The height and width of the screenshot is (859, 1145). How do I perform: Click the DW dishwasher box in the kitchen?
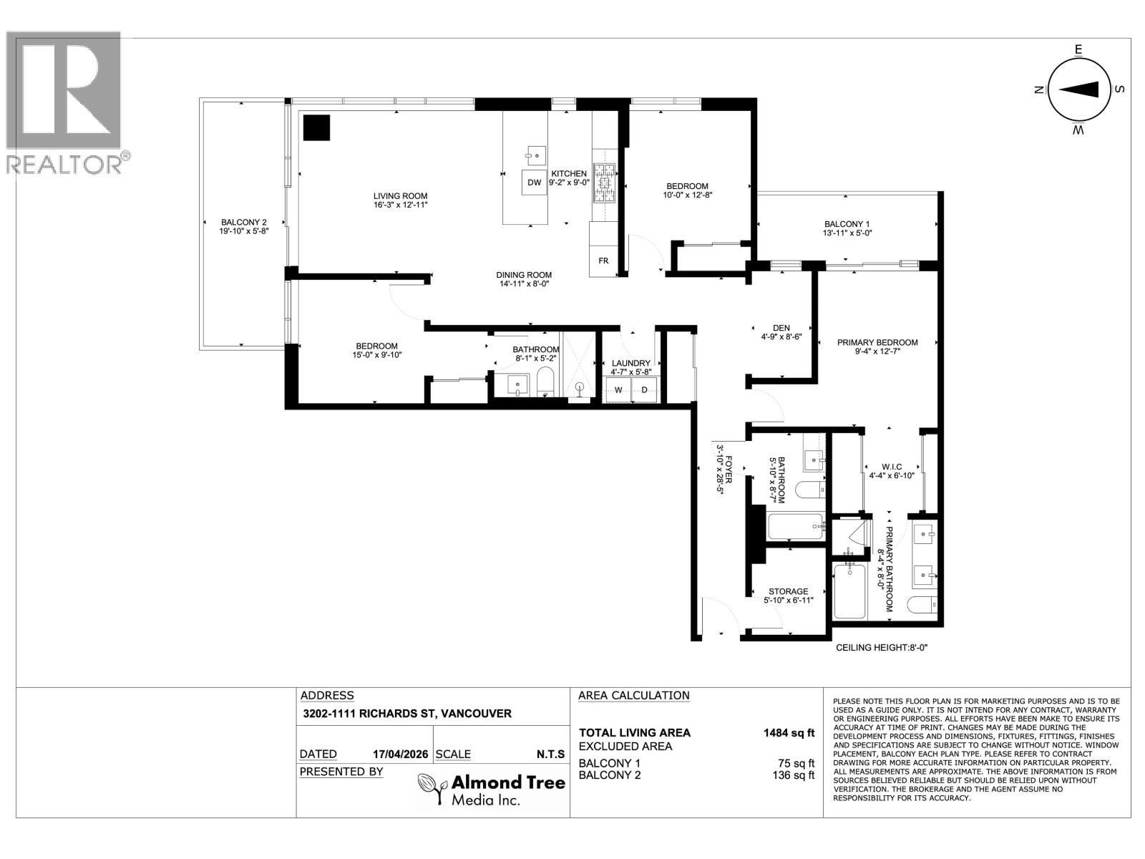point(534,183)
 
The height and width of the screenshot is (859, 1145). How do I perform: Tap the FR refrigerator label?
point(603,261)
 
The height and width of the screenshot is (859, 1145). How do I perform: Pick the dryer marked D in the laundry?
point(644,390)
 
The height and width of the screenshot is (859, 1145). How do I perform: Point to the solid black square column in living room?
point(316,128)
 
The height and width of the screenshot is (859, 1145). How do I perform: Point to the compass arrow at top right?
point(1079,89)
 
